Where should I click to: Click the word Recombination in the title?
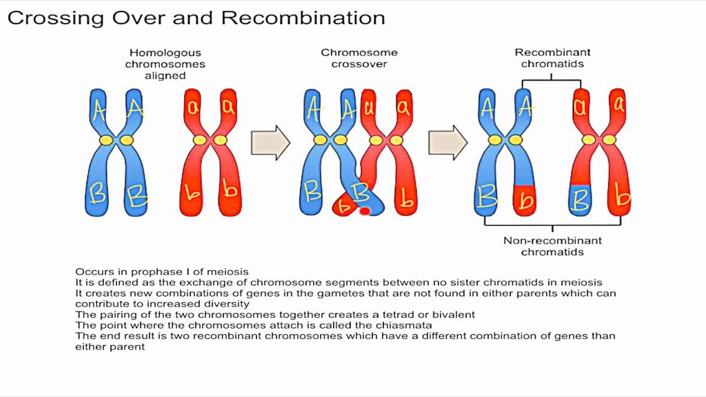coord(303,18)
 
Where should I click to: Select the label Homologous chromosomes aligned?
coord(165,64)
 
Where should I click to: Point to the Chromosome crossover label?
coord(359,58)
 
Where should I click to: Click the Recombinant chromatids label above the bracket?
coord(552,58)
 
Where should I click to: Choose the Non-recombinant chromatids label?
coord(552,246)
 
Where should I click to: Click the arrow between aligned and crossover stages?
coord(270,143)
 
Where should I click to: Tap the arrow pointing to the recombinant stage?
coord(448,143)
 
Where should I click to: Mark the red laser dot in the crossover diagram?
coord(365,211)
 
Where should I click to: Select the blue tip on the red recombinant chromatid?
coord(580,200)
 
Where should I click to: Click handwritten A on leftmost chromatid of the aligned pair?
coord(99,110)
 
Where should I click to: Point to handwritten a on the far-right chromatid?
coord(619,105)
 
